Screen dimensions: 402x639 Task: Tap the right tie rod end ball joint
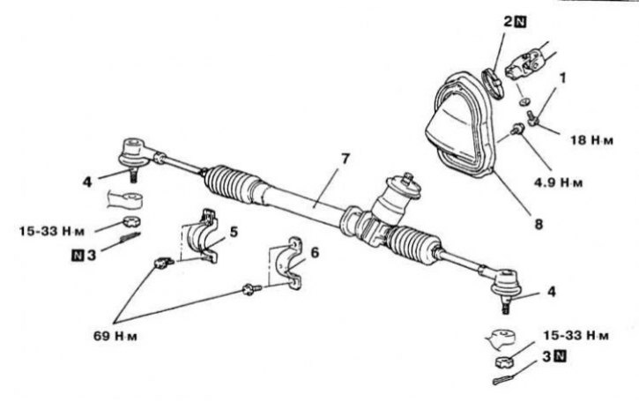coord(505,283)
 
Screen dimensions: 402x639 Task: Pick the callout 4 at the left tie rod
coord(88,182)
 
